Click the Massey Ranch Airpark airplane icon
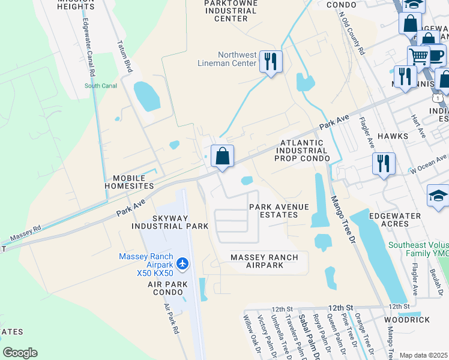click(183, 263)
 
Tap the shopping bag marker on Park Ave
click(222, 157)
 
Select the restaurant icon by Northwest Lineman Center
click(271, 61)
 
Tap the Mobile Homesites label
click(129, 182)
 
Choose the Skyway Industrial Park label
click(170, 221)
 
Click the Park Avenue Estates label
click(279, 211)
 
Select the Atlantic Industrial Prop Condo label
click(302, 151)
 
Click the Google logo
click(20, 353)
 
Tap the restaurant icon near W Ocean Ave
click(382, 163)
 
